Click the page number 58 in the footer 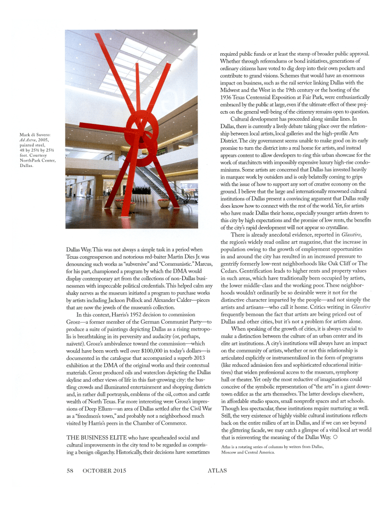[70, 485]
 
